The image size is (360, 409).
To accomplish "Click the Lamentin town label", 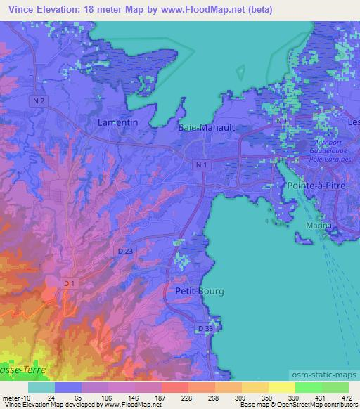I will pos(115,122).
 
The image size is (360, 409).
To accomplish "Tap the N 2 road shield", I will pos(40,102).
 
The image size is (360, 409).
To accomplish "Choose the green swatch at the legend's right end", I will pos(335,387).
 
